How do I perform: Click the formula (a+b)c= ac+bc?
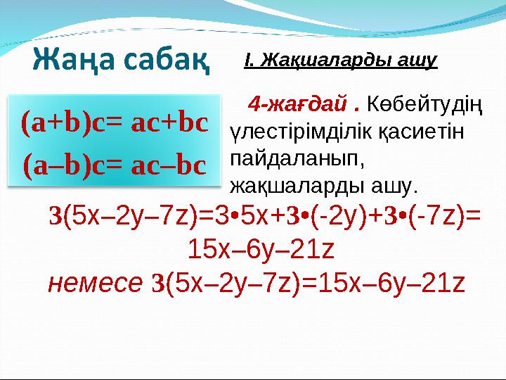[x=115, y=123]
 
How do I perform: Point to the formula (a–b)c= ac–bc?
[x=115, y=165]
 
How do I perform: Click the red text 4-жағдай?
[x=304, y=106]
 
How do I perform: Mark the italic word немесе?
[x=95, y=282]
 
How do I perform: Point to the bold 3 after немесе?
[x=157, y=282]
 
